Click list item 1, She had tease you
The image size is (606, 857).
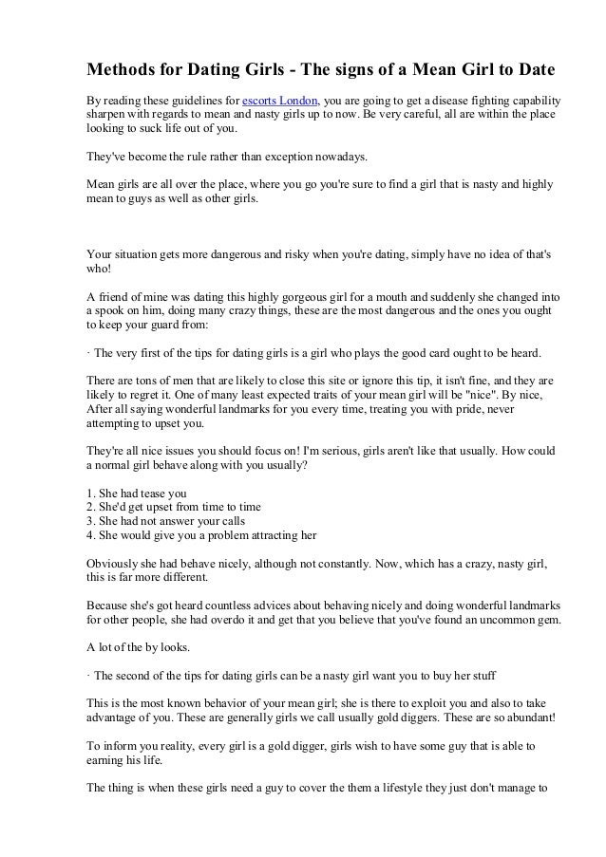137,493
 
